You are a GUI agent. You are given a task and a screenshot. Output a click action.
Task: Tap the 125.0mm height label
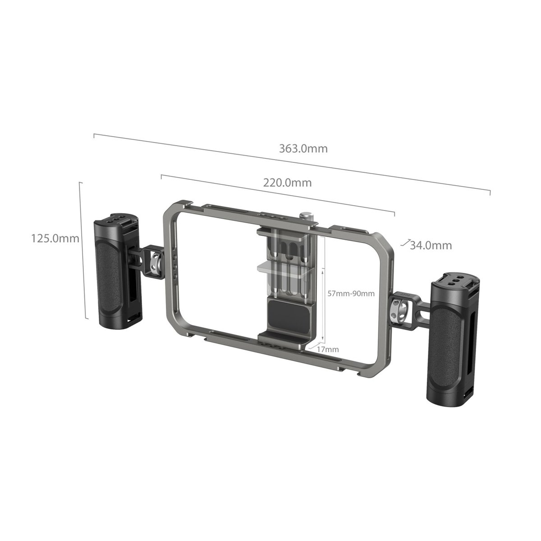pyautogui.click(x=55, y=238)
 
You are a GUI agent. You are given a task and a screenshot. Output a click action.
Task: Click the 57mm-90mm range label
pyautogui.click(x=351, y=293)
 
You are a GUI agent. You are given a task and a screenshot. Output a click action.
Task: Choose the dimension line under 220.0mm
pyautogui.click(x=277, y=193)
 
